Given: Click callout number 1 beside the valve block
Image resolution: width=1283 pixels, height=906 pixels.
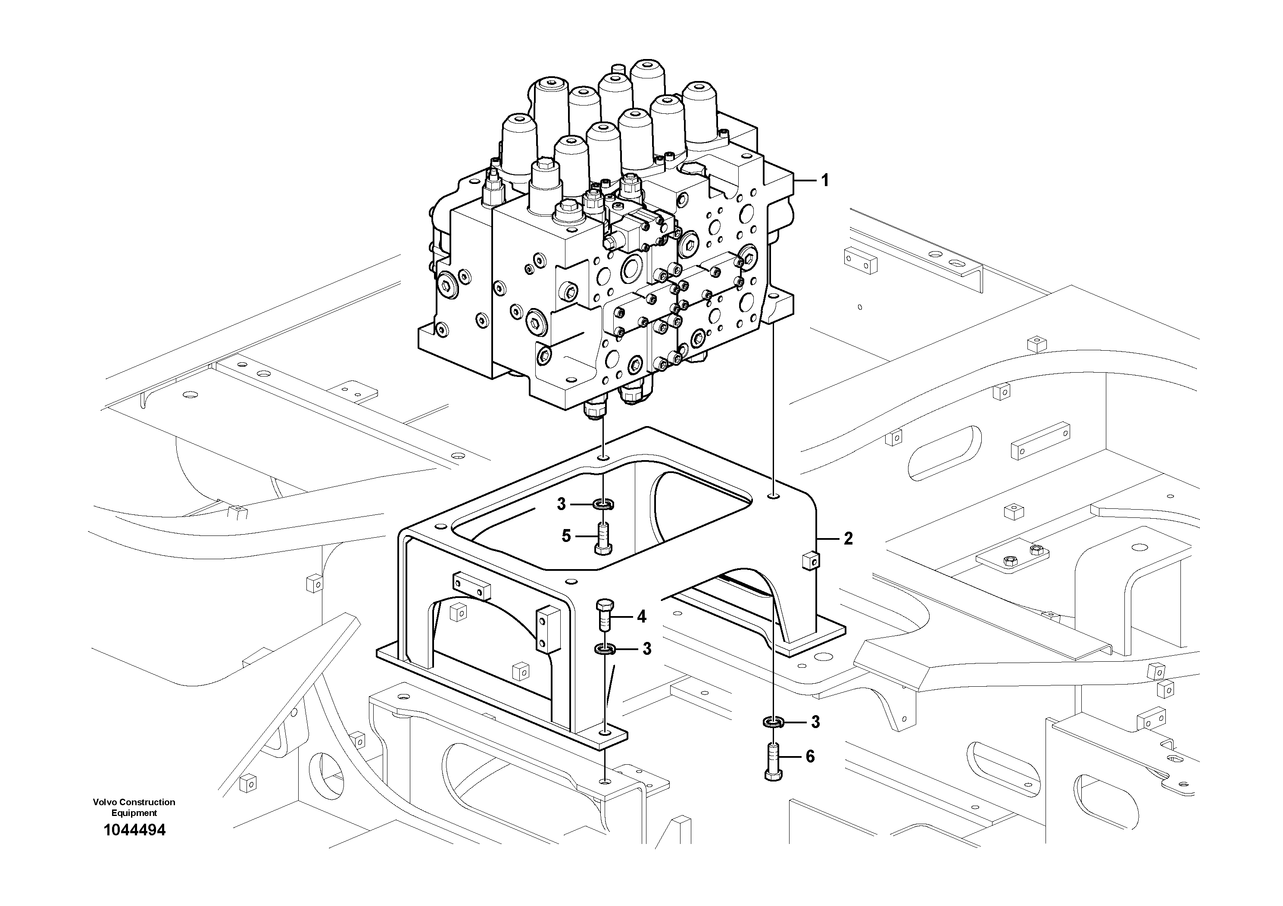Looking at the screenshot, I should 824,181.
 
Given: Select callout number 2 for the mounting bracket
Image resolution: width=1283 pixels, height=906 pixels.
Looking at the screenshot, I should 848,539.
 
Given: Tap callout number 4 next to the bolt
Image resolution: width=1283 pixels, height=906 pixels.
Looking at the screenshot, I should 641,616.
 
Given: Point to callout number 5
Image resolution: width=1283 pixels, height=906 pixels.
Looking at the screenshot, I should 566,536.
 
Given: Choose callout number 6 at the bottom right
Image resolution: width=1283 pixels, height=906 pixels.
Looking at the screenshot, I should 810,757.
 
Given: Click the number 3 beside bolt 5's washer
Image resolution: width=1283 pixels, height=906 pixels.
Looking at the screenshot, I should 562,504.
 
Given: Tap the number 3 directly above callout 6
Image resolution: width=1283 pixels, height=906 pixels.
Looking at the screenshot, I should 815,722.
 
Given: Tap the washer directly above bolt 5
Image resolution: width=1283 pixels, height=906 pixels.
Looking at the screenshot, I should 603,504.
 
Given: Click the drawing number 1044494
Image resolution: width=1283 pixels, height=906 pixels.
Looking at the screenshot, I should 134,830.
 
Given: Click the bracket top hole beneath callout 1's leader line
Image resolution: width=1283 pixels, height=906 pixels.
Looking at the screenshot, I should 772,495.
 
